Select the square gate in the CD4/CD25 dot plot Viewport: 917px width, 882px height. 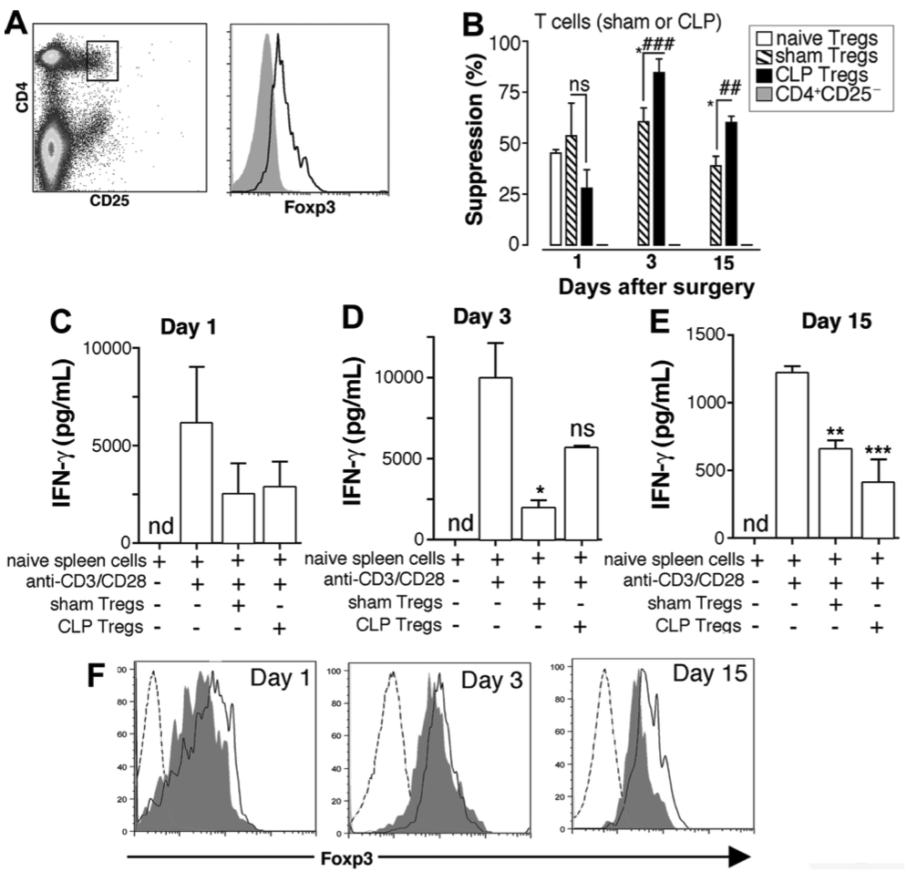(102, 60)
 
